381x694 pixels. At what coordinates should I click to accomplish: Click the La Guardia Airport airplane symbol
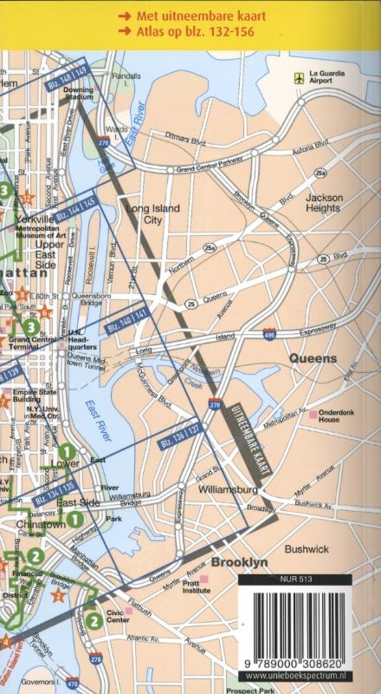[300, 77]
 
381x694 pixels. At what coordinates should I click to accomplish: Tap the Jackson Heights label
[324, 203]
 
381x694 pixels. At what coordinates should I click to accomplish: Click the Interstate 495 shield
[270, 332]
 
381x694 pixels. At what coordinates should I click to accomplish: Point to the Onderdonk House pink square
[313, 416]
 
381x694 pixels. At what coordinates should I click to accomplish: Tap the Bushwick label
[307, 549]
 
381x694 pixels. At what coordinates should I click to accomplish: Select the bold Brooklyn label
[240, 562]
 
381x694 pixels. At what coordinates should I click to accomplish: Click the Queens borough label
[313, 358]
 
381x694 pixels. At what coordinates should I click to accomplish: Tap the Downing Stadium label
[78, 93]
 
